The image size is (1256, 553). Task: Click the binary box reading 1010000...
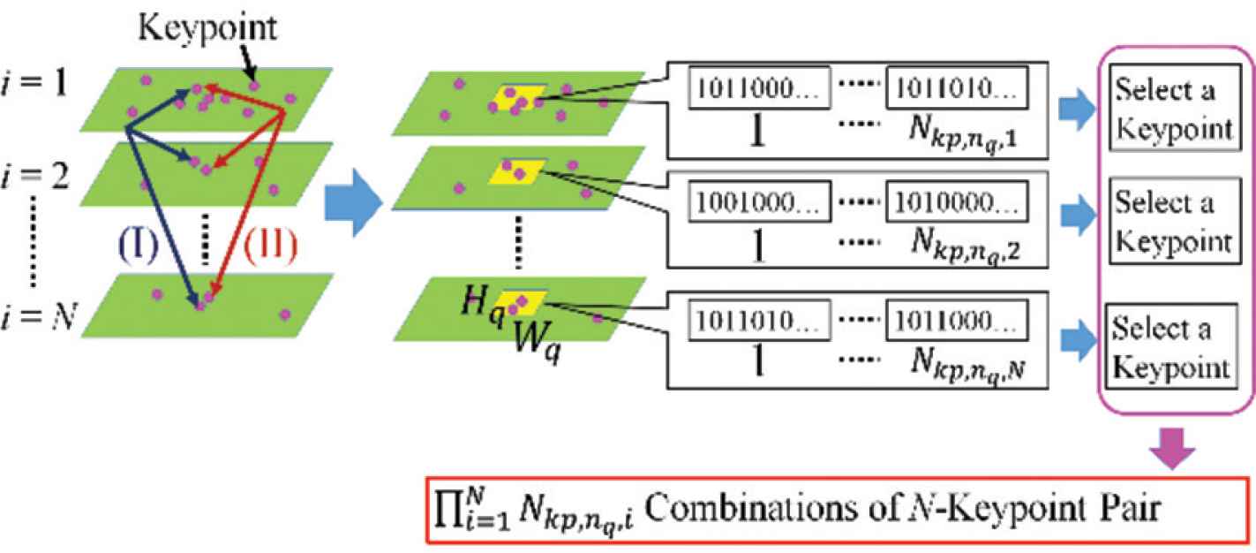pos(958,205)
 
